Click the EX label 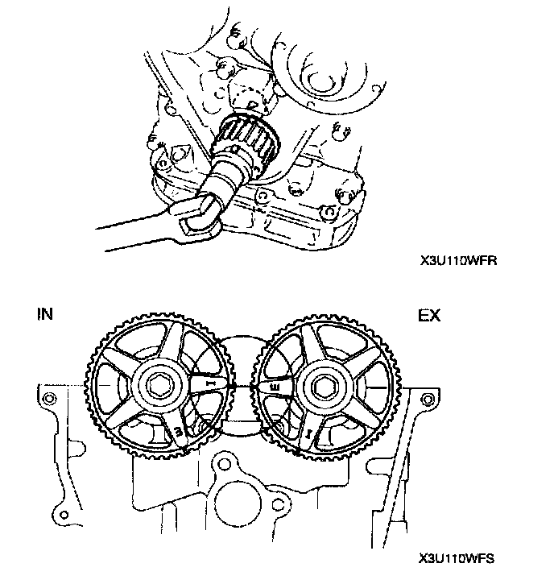[x=429, y=316]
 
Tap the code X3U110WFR [x=456, y=261]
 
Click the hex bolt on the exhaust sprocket [x=326, y=387]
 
